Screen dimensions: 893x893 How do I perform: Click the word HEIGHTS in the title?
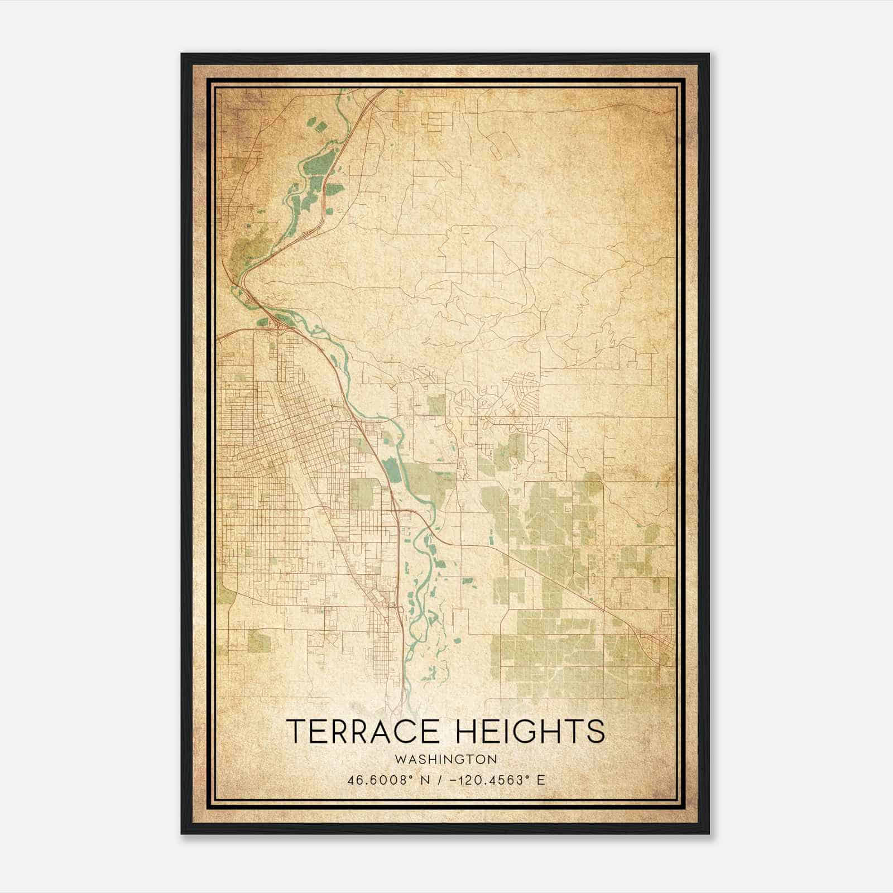(x=530, y=731)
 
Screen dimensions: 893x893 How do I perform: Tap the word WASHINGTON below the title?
(x=445, y=760)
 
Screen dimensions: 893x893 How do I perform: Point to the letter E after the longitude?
(x=540, y=780)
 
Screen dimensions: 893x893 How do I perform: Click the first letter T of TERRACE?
(x=296, y=731)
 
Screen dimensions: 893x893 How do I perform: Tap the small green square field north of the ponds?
(x=436, y=404)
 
